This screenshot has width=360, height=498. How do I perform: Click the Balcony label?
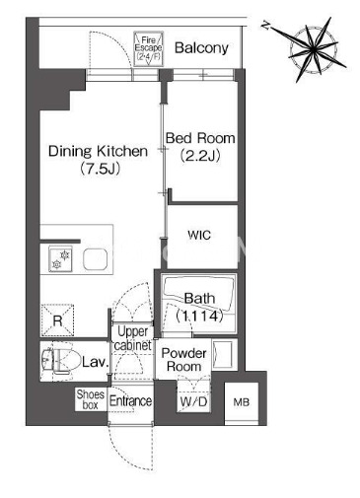[201, 48]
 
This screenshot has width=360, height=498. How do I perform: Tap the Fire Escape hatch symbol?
[148, 48]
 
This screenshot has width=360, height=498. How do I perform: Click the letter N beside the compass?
[265, 26]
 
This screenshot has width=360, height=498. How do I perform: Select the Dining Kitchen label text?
[98, 151]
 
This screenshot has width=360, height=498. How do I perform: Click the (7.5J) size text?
[99, 169]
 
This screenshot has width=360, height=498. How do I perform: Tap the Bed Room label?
[200, 138]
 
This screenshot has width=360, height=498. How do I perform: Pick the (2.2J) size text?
[200, 156]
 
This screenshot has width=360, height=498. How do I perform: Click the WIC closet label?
[199, 235]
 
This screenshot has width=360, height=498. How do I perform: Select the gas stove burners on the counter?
[61, 259]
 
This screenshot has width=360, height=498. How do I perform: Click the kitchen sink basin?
[96, 259]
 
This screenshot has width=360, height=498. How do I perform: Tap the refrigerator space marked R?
[57, 320]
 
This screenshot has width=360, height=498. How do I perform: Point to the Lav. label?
[95, 362]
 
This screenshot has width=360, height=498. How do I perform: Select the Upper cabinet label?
[133, 338]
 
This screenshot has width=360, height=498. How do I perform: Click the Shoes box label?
[91, 399]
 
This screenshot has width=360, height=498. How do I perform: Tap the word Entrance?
[130, 401]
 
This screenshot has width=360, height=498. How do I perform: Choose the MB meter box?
[242, 401]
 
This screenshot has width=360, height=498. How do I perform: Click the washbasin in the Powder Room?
[224, 354]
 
